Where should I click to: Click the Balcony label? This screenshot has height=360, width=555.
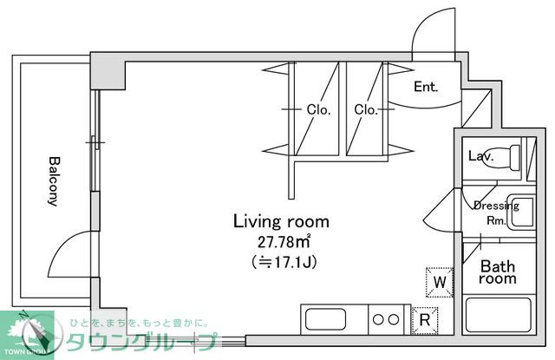tap(53, 180)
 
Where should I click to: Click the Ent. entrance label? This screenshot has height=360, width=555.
tap(426, 87)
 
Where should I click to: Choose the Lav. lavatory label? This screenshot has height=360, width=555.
tap(480, 157)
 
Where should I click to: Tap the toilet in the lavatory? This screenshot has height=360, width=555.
tap(512, 157)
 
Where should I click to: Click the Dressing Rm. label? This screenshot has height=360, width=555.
tap(495, 213)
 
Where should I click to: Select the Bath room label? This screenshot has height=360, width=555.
tap(499, 272)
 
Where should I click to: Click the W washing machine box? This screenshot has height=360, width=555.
tap(440, 282)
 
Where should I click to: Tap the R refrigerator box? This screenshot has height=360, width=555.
tap(425, 319)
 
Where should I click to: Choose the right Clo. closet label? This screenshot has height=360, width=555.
tap(365, 110)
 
